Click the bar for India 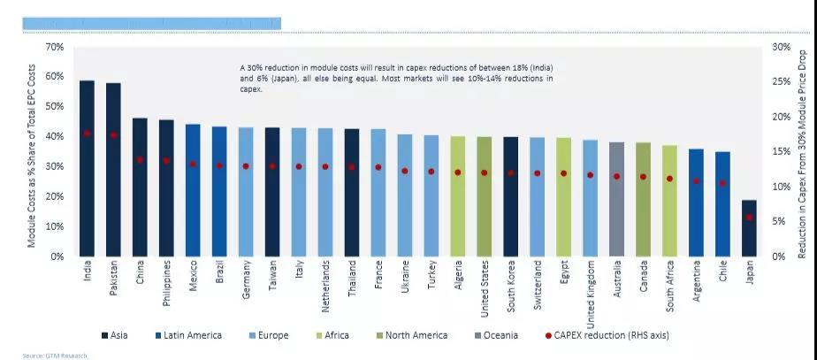pyautogui.click(x=87, y=168)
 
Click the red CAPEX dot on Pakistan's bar pyautogui.click(x=113, y=135)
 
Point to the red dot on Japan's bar pyautogui.click(x=749, y=217)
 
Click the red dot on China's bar pyautogui.click(x=140, y=160)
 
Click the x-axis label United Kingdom pyautogui.click(x=591, y=289)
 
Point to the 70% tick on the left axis pyautogui.click(x=55, y=46)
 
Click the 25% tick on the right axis pyautogui.click(x=780, y=81)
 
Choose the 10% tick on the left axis pyautogui.click(x=55, y=226)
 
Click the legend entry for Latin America pyautogui.click(x=190, y=335)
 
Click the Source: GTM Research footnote pyautogui.click(x=56, y=356)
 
